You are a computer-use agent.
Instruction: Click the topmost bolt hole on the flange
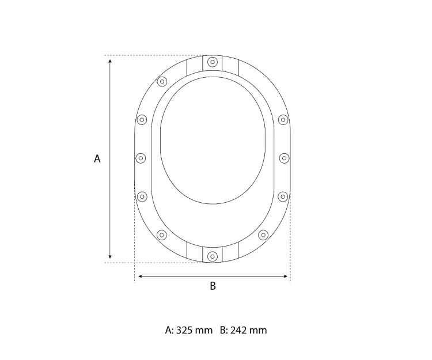point(213,62)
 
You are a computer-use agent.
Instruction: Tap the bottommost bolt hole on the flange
point(213,256)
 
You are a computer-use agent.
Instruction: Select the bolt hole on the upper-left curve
point(162,81)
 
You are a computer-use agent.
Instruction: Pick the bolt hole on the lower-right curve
point(263,234)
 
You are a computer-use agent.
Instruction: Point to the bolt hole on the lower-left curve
point(162,234)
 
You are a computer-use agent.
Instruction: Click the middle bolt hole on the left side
point(141,158)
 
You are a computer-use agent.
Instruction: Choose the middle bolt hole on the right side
point(284,158)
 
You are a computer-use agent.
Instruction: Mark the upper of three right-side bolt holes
point(283,120)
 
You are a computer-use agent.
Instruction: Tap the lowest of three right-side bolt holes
point(283,196)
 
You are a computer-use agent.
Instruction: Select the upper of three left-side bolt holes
point(142,120)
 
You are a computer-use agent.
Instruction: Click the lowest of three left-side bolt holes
point(142,196)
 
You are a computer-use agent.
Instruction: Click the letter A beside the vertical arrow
point(97,158)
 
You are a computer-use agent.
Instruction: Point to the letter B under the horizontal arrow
point(213,286)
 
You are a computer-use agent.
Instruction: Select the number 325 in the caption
point(184,331)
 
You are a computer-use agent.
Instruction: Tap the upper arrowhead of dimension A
point(110,60)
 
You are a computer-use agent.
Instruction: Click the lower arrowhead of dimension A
point(110,257)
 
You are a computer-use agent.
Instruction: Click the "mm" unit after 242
point(259,331)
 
